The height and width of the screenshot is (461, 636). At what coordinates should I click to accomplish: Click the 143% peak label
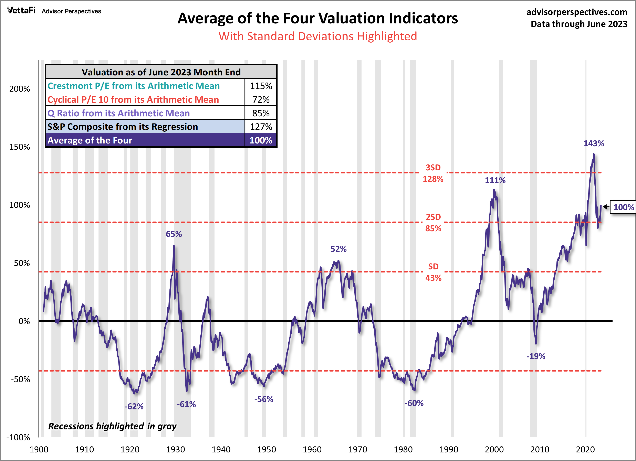click(594, 143)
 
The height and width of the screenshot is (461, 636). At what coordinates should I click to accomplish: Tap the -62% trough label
click(134, 406)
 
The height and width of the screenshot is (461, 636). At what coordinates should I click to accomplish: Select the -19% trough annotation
click(536, 356)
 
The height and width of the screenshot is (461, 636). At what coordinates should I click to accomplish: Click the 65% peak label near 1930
click(174, 234)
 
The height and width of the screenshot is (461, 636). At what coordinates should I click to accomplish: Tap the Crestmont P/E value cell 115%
click(261, 86)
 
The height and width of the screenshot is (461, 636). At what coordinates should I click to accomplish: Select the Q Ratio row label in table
click(119, 113)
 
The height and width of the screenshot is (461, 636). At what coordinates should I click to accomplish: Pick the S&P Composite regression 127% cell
click(261, 127)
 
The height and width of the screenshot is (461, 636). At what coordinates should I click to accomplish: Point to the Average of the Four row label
click(90, 140)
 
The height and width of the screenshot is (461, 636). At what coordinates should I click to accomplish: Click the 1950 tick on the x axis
click(266, 450)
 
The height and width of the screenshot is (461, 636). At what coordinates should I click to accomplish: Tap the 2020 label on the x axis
click(585, 450)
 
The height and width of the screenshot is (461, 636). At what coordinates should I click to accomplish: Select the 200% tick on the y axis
click(20, 89)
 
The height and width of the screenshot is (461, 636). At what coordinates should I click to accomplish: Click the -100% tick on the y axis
click(18, 437)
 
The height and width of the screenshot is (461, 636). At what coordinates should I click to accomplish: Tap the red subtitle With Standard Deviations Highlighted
click(318, 36)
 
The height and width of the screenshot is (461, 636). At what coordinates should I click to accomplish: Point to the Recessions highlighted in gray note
click(112, 426)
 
